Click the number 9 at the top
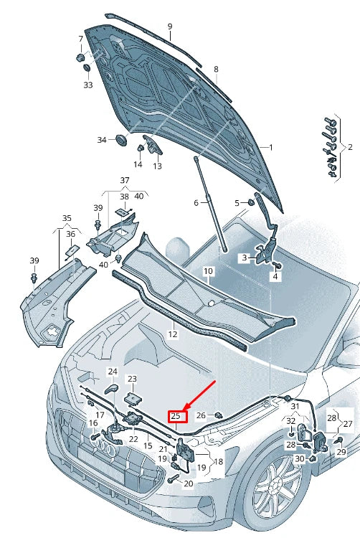[x=170, y=27]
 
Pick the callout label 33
[x=88, y=85]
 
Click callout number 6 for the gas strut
[x=195, y=203]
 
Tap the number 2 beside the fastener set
[x=350, y=147]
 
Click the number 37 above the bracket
[x=124, y=180]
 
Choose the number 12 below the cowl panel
[x=173, y=334]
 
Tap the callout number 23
[x=132, y=378]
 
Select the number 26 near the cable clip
[x=202, y=415]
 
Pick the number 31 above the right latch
[x=294, y=407]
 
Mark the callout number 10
[x=208, y=271]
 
